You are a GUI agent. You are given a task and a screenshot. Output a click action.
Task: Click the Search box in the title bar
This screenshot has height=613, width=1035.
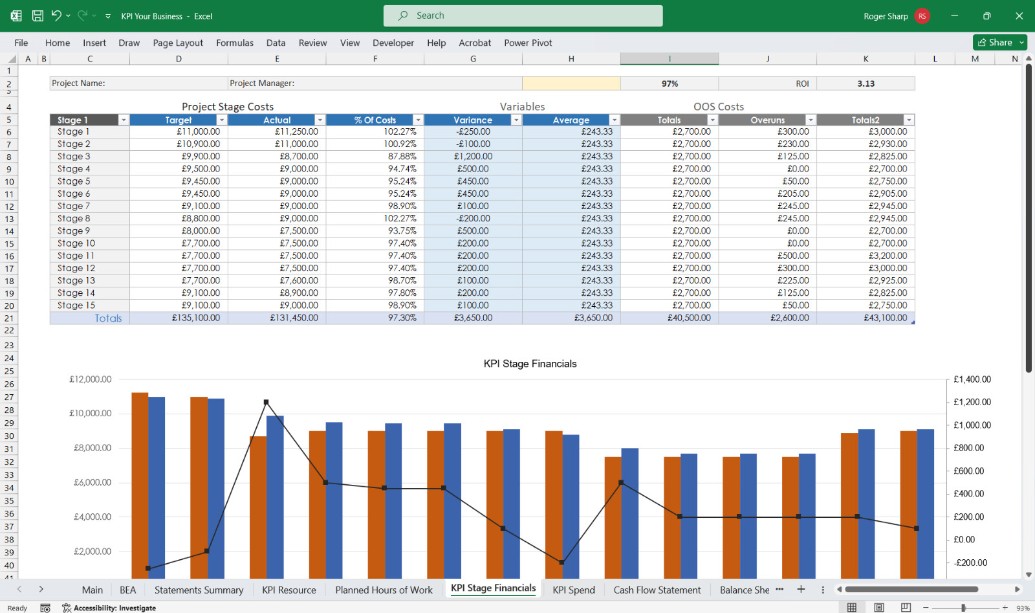[523, 16]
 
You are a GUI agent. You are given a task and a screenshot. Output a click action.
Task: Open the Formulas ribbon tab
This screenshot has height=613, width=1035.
[235, 43]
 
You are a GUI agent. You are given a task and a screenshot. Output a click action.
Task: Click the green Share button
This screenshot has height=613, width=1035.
[996, 43]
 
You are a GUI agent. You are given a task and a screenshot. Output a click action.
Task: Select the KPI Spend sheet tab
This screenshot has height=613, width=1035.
[573, 590]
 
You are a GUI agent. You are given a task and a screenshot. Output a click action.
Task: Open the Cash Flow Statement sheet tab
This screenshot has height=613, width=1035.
[657, 590]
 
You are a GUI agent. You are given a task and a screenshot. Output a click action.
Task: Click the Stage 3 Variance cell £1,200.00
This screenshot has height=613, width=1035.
[473, 156]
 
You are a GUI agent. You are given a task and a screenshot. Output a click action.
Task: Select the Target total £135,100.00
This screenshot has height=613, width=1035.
[196, 318]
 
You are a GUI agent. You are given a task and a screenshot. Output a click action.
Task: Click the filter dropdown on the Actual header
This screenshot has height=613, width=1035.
[320, 120]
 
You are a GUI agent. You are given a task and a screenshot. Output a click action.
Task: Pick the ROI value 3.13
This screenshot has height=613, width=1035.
[866, 84]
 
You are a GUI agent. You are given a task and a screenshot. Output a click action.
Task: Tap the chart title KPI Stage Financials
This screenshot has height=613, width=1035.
[530, 364]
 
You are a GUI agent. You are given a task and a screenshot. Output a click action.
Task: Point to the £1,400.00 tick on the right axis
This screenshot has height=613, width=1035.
[972, 379]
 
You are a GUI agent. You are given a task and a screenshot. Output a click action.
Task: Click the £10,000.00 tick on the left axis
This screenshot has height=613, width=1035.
[91, 413]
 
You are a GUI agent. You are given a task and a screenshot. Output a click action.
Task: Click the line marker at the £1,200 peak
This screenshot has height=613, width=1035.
[266, 402]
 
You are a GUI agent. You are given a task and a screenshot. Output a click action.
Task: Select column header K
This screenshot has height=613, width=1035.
[866, 59]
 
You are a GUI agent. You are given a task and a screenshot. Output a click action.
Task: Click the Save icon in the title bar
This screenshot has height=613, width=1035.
[38, 16]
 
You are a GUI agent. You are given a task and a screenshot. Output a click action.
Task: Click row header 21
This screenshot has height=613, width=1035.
[9, 318]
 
